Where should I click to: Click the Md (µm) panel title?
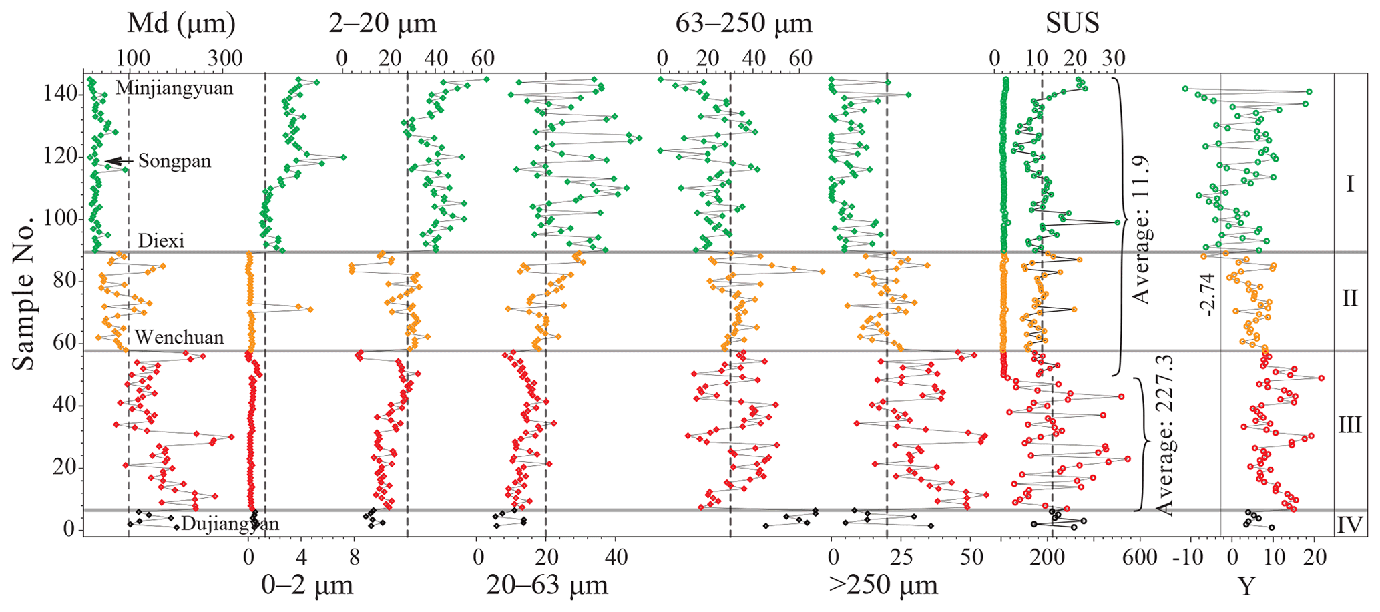[x=181, y=24]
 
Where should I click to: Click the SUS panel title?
[x=1072, y=24]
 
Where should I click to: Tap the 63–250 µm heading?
[x=744, y=24]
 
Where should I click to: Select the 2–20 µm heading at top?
[x=383, y=24]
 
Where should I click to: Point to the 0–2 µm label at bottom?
[x=307, y=585]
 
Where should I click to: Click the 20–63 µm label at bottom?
[x=547, y=585]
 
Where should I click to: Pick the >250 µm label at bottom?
[x=883, y=585]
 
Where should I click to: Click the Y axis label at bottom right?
[x=1246, y=587]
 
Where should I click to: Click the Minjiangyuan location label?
[x=174, y=88]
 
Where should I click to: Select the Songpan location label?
[x=174, y=161]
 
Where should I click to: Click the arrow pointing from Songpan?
[x=120, y=161]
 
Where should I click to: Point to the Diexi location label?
[x=161, y=241]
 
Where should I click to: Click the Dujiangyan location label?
[x=230, y=523]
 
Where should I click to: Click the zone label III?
[x=1349, y=425]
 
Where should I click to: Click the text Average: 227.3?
[x=1164, y=435]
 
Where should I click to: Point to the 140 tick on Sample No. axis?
[x=66, y=95]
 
